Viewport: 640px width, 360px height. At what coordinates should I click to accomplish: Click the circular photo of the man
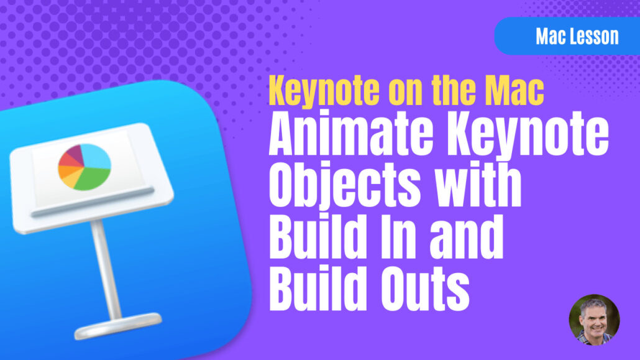594,320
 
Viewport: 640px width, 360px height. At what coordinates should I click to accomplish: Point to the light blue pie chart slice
96,156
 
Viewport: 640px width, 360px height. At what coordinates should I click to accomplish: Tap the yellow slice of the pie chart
72,180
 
